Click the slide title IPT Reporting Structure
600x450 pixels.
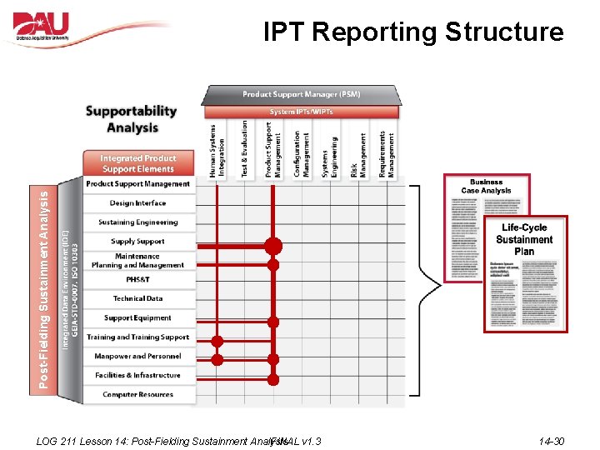pos(413,32)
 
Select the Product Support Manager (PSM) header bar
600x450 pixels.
pos(301,94)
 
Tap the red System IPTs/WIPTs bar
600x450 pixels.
pos(301,112)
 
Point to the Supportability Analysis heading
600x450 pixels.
pos(132,119)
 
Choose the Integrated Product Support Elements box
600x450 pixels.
pos(137,163)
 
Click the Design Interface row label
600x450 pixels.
pos(137,203)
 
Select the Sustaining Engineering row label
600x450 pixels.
pos(137,222)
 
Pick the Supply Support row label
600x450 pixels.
pos(137,242)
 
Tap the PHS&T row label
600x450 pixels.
pos(137,279)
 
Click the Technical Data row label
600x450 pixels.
pos(137,298)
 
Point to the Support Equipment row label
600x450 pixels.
pos(137,317)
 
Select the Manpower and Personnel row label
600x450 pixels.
pos(137,356)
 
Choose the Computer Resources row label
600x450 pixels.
pos(137,394)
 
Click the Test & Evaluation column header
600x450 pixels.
pos(244,149)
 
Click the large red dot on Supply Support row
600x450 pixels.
pos(272,246)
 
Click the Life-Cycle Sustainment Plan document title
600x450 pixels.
pos(524,239)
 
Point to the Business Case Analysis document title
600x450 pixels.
pos(486,186)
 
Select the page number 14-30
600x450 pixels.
pos(551,441)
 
